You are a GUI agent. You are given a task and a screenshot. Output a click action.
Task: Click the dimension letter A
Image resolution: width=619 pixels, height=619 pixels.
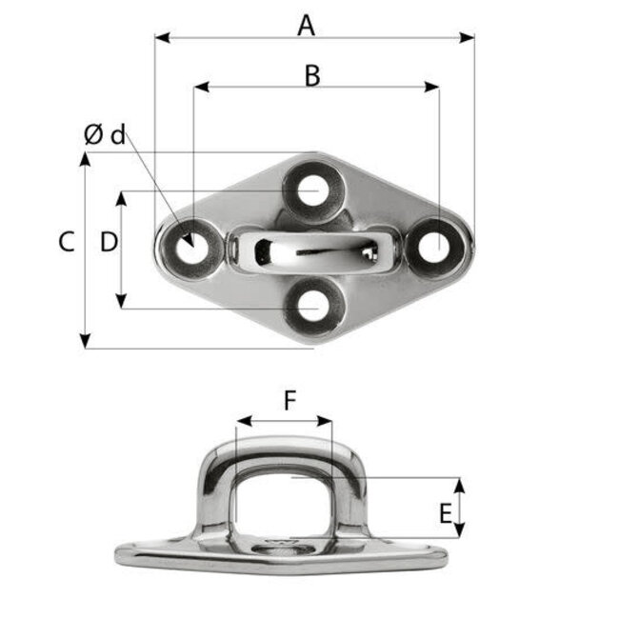[x=305, y=25]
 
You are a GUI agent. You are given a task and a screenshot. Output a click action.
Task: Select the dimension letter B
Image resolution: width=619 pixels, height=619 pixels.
[x=311, y=76]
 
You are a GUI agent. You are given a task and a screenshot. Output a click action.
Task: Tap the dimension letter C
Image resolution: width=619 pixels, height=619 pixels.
[x=65, y=243]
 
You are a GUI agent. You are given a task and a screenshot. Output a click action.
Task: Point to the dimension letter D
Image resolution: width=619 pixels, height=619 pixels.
[x=109, y=243]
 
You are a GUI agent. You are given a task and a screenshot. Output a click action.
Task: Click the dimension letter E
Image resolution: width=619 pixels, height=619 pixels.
[x=445, y=514]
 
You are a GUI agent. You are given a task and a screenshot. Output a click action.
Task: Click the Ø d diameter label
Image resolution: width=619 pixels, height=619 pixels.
[x=104, y=135]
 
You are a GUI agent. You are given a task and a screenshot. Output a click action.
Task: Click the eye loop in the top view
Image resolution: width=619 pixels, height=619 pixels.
[x=309, y=250]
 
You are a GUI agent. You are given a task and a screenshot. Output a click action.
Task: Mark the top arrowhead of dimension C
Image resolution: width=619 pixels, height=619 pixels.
[x=86, y=159]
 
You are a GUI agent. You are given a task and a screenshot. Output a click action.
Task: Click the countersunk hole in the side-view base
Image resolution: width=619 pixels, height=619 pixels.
[x=283, y=548]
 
